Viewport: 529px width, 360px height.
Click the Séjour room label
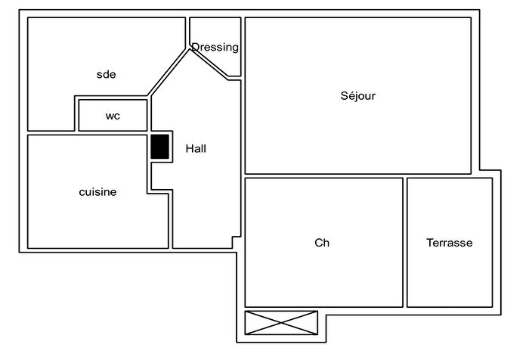tap(358, 96)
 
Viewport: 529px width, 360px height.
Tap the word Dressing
tap(215, 48)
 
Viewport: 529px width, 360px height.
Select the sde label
tap(106, 74)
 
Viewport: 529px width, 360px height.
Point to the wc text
tap(113, 116)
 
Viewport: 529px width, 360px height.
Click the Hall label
tap(196, 149)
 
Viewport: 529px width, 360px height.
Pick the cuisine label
tap(98, 192)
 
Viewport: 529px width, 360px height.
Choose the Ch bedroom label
tap(322, 243)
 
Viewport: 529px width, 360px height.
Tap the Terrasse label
tap(449, 243)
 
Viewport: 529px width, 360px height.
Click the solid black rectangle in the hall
tap(159, 146)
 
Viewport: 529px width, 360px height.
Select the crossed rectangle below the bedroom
tap(281, 322)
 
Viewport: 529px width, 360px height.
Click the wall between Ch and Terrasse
tap(405, 242)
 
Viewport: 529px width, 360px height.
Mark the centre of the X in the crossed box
tap(281, 322)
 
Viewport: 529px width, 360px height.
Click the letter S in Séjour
tap(345, 96)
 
